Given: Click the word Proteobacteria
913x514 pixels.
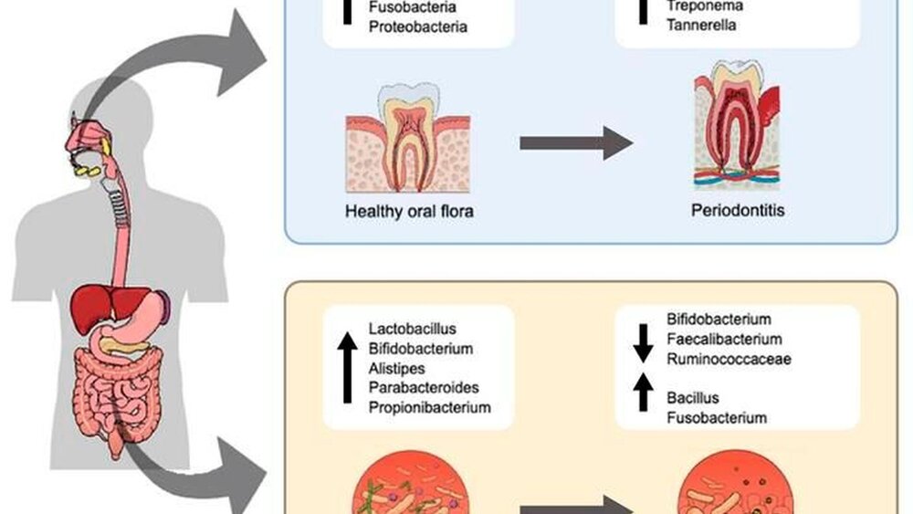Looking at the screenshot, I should [x=417, y=26].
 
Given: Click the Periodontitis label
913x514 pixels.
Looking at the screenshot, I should [x=738, y=211].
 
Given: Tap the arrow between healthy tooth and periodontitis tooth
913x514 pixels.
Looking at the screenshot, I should [x=575, y=143].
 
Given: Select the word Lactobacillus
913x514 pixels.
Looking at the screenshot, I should [x=412, y=329].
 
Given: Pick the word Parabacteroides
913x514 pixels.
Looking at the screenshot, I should [x=424, y=388].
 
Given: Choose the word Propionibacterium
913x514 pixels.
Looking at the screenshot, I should [x=429, y=407].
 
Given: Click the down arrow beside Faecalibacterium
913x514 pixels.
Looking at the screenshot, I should [x=641, y=341].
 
